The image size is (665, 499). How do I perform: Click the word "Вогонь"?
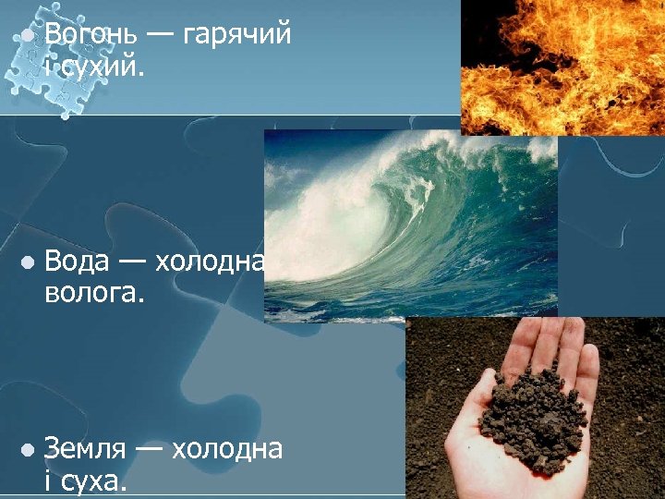(x=91, y=35)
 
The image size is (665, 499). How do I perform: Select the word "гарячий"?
(x=237, y=35)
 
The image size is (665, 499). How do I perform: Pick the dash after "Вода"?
(x=130, y=262)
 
